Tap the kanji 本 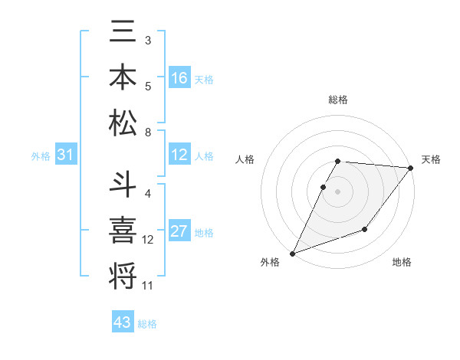[x=123, y=78]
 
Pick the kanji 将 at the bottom [x=123, y=274]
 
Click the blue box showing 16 [x=179, y=78]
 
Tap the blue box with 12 [x=179, y=155]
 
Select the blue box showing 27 [x=179, y=232]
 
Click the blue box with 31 [x=65, y=155]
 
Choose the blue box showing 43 [x=123, y=322]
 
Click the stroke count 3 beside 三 [x=148, y=40]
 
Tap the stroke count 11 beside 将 [x=148, y=286]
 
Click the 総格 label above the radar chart [x=337, y=100]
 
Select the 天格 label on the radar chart [x=431, y=159]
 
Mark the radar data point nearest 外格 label [x=292, y=253]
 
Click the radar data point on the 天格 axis [x=410, y=168]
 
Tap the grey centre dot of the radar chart [x=337, y=191]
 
